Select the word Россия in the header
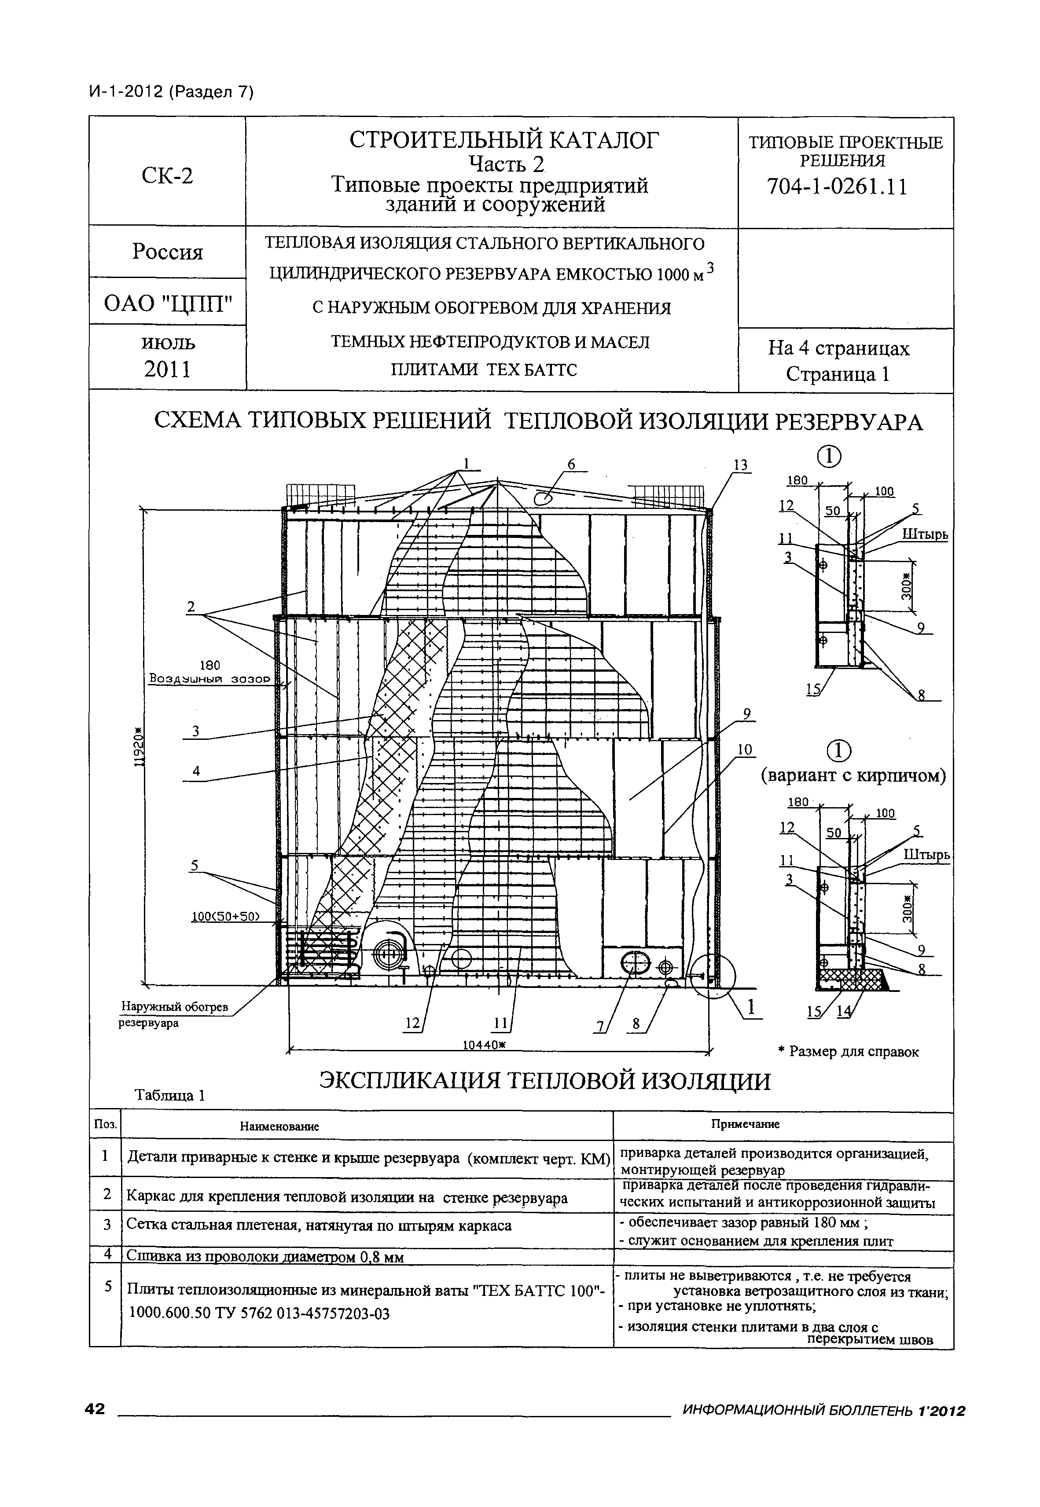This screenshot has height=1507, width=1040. pyautogui.click(x=168, y=251)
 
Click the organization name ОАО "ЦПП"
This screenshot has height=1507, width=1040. pyautogui.click(x=168, y=303)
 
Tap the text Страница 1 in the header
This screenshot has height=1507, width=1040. pyautogui.click(x=838, y=374)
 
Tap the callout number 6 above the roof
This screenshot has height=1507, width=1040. pyautogui.click(x=571, y=464)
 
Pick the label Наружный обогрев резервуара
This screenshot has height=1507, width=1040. pyautogui.click(x=175, y=1015)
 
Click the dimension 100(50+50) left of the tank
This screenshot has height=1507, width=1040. pyautogui.click(x=225, y=918)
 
